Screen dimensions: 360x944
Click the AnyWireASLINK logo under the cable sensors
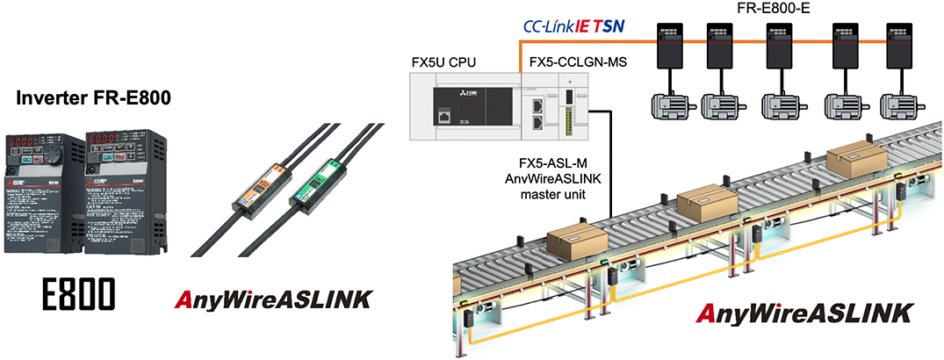[x=270, y=299]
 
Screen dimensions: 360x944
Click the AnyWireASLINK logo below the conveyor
[x=804, y=313]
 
